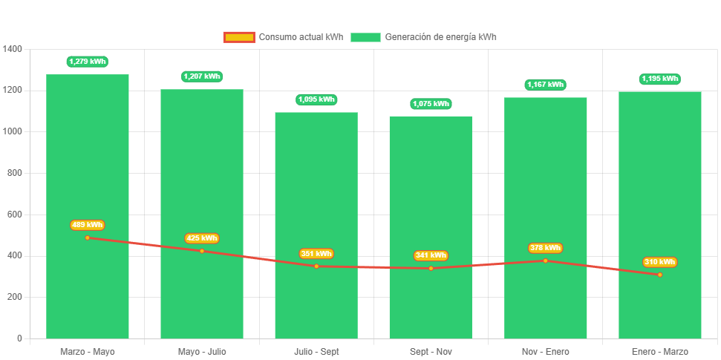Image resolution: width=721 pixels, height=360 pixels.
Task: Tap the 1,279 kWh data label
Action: pyautogui.click(x=88, y=62)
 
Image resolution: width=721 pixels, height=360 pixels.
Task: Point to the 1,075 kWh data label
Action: pyautogui.click(x=431, y=104)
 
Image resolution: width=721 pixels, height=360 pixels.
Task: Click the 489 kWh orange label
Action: pyautogui.click(x=88, y=225)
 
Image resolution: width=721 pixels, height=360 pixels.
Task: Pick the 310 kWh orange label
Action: pyautogui.click(x=659, y=262)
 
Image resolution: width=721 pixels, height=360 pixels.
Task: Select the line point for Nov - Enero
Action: pyautogui.click(x=546, y=261)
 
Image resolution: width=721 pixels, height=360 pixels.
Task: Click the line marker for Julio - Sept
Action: pyautogui.click(x=316, y=266)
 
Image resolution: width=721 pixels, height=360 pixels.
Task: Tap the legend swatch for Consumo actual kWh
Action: pyautogui.click(x=239, y=37)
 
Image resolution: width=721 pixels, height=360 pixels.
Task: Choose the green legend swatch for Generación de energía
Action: pyautogui.click(x=365, y=37)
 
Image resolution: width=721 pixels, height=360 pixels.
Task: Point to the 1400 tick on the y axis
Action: pyautogui.click(x=13, y=49)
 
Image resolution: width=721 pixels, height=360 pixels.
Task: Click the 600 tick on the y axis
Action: pyautogui.click(x=13, y=215)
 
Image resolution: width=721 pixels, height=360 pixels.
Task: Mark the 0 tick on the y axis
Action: pyautogui.click(x=19, y=338)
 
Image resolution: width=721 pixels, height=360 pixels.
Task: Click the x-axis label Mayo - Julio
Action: pyautogui.click(x=202, y=351)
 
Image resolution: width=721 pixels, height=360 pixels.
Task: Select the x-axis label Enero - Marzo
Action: pyautogui.click(x=659, y=351)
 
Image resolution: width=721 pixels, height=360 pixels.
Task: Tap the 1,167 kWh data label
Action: pyautogui.click(x=546, y=85)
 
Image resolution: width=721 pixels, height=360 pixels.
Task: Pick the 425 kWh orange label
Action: pyautogui.click(x=202, y=238)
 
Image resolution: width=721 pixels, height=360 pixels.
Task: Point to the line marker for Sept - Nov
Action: pyautogui.click(x=431, y=268)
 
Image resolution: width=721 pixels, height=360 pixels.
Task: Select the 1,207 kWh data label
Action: pyautogui.click(x=202, y=76)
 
